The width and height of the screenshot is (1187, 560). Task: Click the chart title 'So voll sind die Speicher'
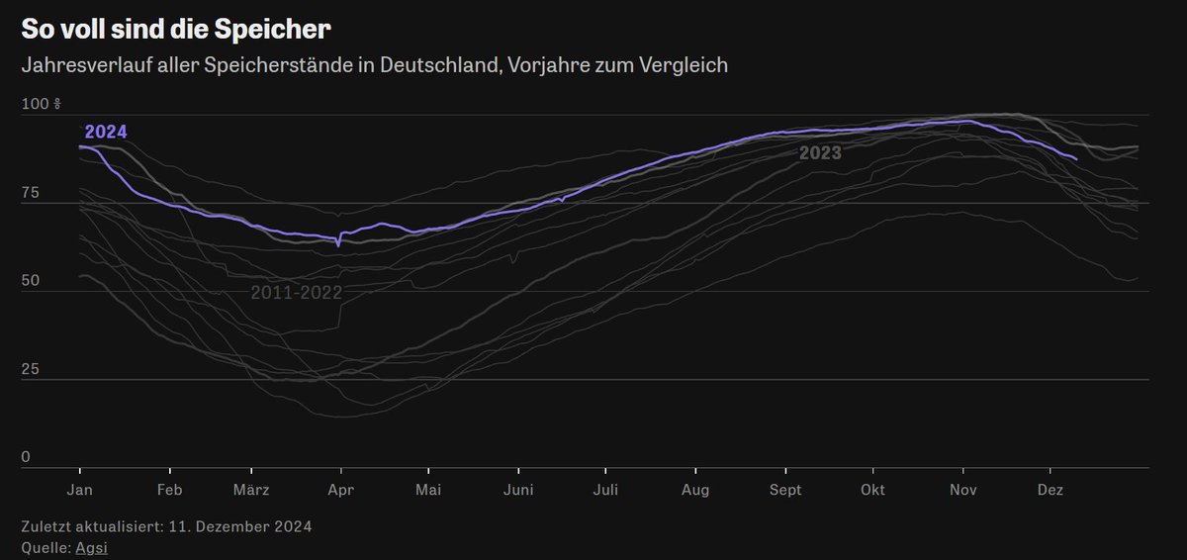(176, 30)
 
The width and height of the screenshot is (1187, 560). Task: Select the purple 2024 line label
(106, 132)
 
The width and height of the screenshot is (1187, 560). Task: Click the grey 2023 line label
(820, 153)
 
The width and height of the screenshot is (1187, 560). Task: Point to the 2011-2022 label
(296, 293)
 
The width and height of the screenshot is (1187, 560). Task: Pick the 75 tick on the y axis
(33, 193)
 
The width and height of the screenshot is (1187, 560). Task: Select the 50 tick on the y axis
(33, 281)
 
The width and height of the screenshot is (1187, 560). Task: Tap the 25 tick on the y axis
(33, 370)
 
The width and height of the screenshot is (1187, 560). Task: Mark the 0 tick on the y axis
(27, 458)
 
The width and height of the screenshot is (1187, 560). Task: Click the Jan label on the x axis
(79, 490)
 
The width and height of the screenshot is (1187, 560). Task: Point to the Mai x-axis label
(427, 490)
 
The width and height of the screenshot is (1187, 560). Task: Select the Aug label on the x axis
(695, 490)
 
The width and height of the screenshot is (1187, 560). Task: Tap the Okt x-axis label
(872, 490)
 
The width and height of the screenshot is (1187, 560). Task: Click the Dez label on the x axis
(1050, 490)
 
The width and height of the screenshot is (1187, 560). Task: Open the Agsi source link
(91, 547)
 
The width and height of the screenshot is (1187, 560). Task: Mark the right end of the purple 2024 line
(1076, 158)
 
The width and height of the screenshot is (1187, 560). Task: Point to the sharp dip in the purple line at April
(339, 244)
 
